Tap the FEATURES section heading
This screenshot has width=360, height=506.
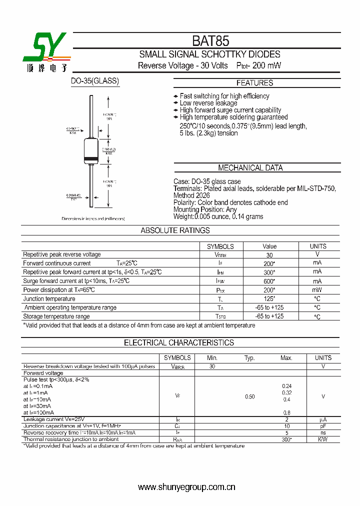(x=254, y=83)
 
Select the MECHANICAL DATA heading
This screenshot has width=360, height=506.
(x=250, y=168)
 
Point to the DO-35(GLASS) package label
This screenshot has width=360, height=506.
(x=95, y=80)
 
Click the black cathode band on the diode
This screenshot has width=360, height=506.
(x=90, y=159)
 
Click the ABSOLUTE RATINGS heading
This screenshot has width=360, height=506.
(x=175, y=230)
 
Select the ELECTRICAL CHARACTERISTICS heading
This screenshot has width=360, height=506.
(x=178, y=342)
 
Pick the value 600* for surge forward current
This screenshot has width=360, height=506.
(x=269, y=281)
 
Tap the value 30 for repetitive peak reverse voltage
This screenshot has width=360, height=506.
(x=269, y=255)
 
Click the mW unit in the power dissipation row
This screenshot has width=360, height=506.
(x=317, y=290)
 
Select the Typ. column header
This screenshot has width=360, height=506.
(x=249, y=358)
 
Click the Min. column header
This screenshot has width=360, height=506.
(x=212, y=358)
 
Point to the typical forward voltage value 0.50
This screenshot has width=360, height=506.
(x=249, y=396)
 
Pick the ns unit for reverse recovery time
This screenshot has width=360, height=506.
(x=323, y=432)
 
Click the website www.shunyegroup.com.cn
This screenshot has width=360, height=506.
(x=186, y=487)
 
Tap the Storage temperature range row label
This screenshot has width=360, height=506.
(x=56, y=316)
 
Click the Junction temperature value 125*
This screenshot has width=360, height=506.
(x=269, y=298)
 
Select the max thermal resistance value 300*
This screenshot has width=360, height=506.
(x=286, y=439)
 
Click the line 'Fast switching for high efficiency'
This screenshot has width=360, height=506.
(x=224, y=96)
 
